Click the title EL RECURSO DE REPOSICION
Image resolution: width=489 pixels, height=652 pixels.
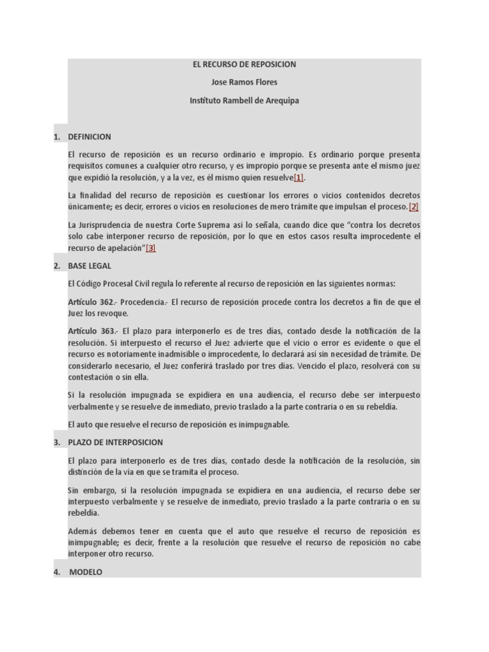pyautogui.click(x=244, y=64)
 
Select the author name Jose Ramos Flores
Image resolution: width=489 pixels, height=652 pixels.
pyautogui.click(x=244, y=82)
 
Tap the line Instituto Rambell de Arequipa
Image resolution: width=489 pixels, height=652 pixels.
pyautogui.click(x=244, y=101)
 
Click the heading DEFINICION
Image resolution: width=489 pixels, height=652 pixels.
pyautogui.click(x=89, y=137)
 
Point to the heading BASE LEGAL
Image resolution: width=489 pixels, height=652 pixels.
pyautogui.click(x=89, y=266)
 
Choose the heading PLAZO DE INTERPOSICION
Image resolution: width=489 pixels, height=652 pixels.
pyautogui.click(x=115, y=443)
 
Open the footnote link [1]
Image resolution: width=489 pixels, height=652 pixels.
pyautogui.click(x=299, y=178)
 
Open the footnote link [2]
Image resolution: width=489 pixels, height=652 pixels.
pyautogui.click(x=413, y=207)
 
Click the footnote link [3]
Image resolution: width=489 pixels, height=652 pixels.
pyautogui.click(x=151, y=248)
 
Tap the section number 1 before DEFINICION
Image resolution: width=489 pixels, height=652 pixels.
pyautogui.click(x=57, y=137)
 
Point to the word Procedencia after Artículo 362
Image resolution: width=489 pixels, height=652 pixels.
pyautogui.click(x=143, y=302)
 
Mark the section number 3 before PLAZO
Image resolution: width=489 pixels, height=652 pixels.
pyautogui.click(x=57, y=443)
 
